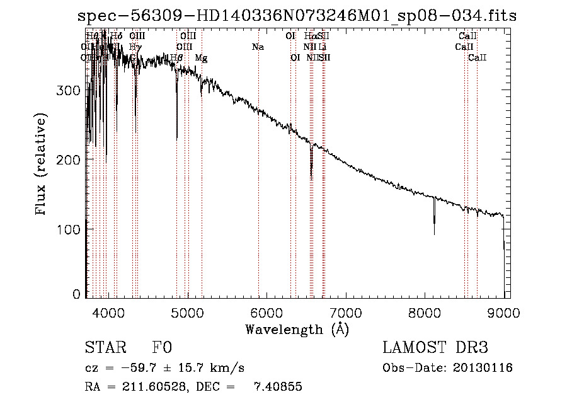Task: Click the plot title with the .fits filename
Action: pyautogui.click(x=297, y=16)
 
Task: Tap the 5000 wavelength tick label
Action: pyautogui.click(x=187, y=311)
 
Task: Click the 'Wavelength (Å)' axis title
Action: pyautogui.click(x=297, y=328)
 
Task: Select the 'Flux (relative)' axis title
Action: pyautogui.click(x=42, y=166)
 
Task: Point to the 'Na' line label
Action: pyautogui.click(x=257, y=47)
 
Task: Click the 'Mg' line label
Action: pyautogui.click(x=201, y=58)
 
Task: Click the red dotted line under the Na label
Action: pyautogui.click(x=258, y=189)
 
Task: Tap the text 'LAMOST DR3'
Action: pyautogui.click(x=435, y=348)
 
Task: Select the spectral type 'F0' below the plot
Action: pyautogui.click(x=162, y=348)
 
